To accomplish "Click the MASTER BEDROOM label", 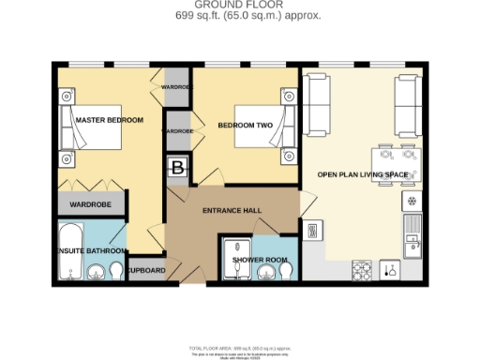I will point(109,121).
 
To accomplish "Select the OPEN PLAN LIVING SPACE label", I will point(362,173).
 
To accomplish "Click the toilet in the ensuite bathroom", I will point(116,271).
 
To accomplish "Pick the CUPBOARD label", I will point(146,270).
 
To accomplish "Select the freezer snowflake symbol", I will point(410,202).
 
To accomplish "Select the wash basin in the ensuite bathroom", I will point(96,272).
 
